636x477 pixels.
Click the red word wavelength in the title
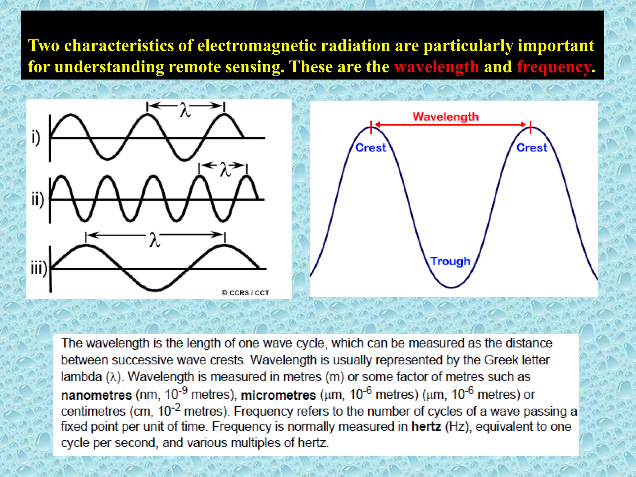click(437, 67)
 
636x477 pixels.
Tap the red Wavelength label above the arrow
click(446, 117)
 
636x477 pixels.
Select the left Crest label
click(370, 148)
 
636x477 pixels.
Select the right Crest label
click(532, 148)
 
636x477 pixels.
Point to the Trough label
click(450, 261)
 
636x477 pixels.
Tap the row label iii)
click(39, 268)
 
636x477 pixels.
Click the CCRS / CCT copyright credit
click(245, 293)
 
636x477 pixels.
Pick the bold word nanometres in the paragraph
click(96, 395)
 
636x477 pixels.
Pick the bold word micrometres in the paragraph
click(278, 395)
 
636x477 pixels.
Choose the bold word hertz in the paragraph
click(426, 427)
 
